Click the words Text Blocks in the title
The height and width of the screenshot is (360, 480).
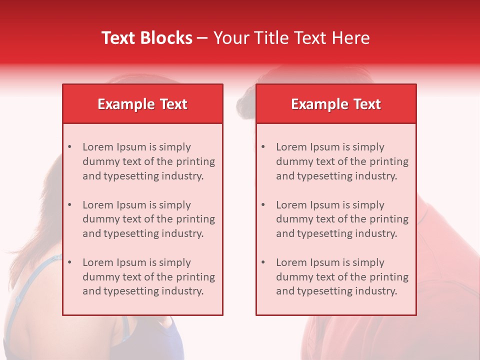[x=147, y=38]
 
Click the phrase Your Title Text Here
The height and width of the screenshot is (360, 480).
[x=291, y=38]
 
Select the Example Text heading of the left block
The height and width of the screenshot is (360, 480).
[x=142, y=104]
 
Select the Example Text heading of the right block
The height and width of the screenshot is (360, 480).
[x=336, y=104]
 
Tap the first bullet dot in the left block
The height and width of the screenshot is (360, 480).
[x=69, y=147]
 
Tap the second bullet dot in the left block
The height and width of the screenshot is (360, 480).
[x=69, y=205]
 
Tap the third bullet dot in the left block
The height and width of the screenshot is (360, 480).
[x=69, y=262]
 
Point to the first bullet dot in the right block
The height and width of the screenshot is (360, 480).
[x=263, y=147]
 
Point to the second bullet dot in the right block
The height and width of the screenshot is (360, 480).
[x=263, y=205]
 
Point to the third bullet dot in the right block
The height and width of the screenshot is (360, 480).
[x=263, y=262]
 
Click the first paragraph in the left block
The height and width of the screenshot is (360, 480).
[x=148, y=161]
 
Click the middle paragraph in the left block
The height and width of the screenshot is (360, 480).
[x=148, y=219]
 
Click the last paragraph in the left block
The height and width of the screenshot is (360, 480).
[x=148, y=277]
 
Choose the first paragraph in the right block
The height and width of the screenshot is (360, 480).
[x=342, y=161]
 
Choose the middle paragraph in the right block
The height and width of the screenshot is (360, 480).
[x=342, y=219]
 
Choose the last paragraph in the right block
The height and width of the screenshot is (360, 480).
[x=342, y=277]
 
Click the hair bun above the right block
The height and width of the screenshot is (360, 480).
[x=245, y=103]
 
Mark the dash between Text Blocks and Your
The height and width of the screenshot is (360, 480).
[x=202, y=38]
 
